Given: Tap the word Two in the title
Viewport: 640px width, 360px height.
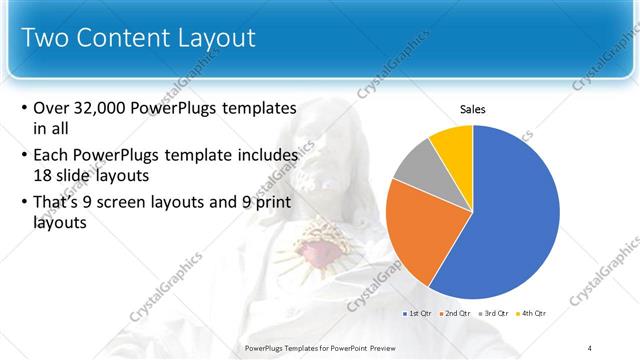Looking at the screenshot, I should [44, 38].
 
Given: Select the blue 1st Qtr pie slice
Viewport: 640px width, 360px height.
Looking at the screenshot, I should [510, 210].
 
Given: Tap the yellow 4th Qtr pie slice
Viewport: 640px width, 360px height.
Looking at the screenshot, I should [452, 145].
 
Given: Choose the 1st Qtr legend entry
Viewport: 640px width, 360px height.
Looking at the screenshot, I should [417, 314].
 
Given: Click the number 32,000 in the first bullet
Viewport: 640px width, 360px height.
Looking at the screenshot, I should [106, 107].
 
